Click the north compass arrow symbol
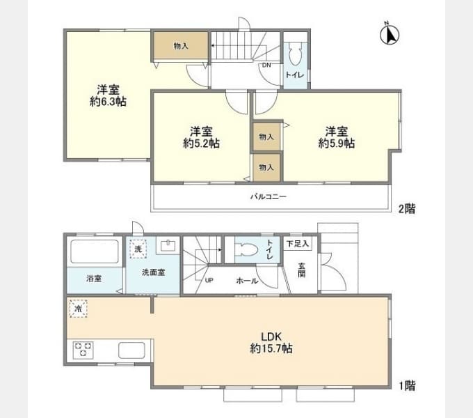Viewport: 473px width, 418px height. click(x=390, y=34)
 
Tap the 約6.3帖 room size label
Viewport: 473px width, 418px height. click(x=108, y=102)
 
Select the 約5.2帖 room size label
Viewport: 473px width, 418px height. click(x=201, y=143)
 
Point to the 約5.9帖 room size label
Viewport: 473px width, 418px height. click(x=337, y=143)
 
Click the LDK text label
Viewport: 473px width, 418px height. click(x=271, y=336)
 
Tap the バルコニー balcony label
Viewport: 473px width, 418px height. click(x=268, y=197)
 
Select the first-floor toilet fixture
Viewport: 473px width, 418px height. click(x=247, y=249)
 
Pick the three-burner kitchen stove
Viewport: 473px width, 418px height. click(x=83, y=350)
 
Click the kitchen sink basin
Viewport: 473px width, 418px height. click(x=131, y=350)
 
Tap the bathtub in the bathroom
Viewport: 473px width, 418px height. click(x=95, y=251)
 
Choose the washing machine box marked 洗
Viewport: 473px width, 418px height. click(x=138, y=249)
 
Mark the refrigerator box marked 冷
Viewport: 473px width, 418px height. click(x=79, y=309)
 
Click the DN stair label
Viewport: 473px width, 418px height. click(x=266, y=65)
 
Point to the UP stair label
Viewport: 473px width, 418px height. click(x=209, y=280)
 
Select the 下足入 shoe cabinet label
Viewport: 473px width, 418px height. click(x=298, y=243)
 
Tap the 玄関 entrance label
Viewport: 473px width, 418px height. click(x=301, y=270)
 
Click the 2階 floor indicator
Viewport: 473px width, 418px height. click(x=407, y=208)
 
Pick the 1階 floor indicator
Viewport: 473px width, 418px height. click(x=407, y=386)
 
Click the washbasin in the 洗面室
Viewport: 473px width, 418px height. click(x=168, y=245)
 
